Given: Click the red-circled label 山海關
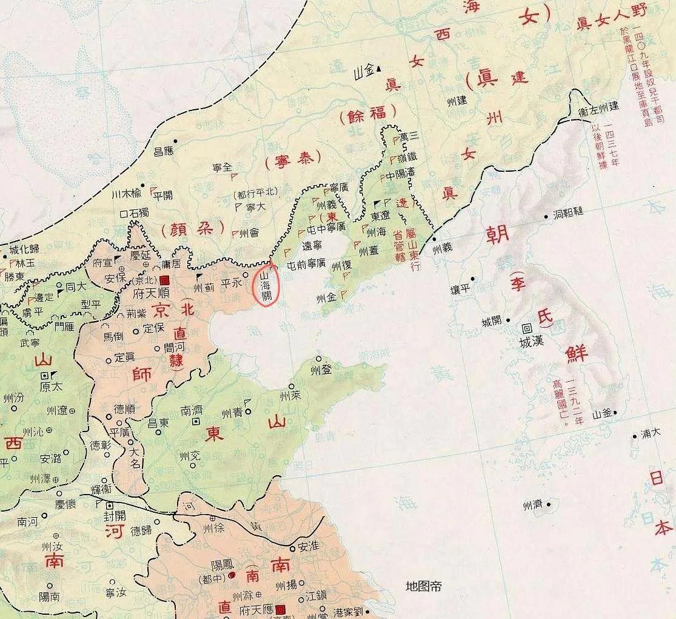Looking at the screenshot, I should pos(265,285).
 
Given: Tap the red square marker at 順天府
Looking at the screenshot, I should pos(164,280).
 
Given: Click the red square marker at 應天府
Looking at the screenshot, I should pos(279,609).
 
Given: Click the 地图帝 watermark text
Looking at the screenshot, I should pos(423,586).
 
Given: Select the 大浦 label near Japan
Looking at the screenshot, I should pos(650,435).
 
